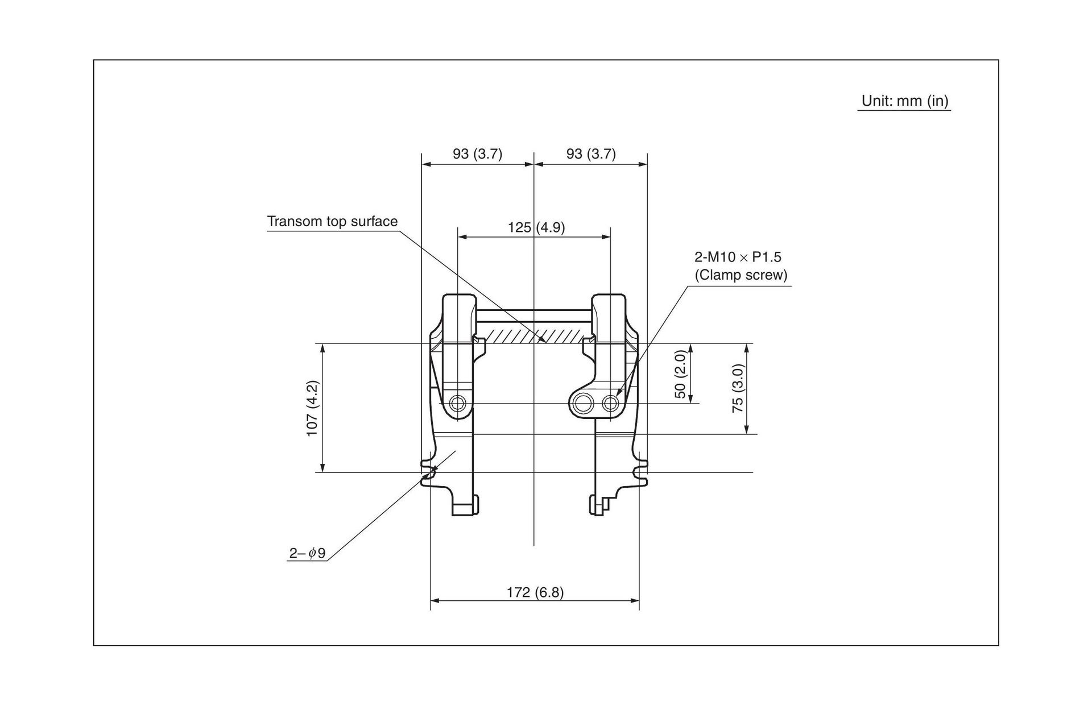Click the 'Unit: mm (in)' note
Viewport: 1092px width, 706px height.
tap(905, 101)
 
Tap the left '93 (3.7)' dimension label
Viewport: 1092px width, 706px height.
tap(477, 153)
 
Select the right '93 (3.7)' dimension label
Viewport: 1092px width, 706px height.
tap(591, 153)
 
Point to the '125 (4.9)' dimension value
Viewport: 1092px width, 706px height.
tap(536, 227)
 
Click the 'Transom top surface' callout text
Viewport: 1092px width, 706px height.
tap(333, 221)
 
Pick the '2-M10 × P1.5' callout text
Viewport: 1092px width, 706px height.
tap(738, 257)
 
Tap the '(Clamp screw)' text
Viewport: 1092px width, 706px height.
tap(741, 275)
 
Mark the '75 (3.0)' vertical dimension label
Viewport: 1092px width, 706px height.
tap(737, 388)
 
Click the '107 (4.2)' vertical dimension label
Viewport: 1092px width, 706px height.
tap(312, 408)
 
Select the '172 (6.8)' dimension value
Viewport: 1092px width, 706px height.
tap(535, 592)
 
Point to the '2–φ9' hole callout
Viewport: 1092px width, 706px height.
tap(307, 553)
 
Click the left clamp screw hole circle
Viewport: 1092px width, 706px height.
tap(457, 404)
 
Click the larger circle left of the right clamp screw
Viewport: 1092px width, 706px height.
tap(582, 404)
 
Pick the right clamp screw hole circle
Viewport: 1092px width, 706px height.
tap(611, 404)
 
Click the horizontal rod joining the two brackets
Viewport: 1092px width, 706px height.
tap(533, 316)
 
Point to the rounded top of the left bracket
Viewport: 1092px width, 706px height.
tap(458, 301)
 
